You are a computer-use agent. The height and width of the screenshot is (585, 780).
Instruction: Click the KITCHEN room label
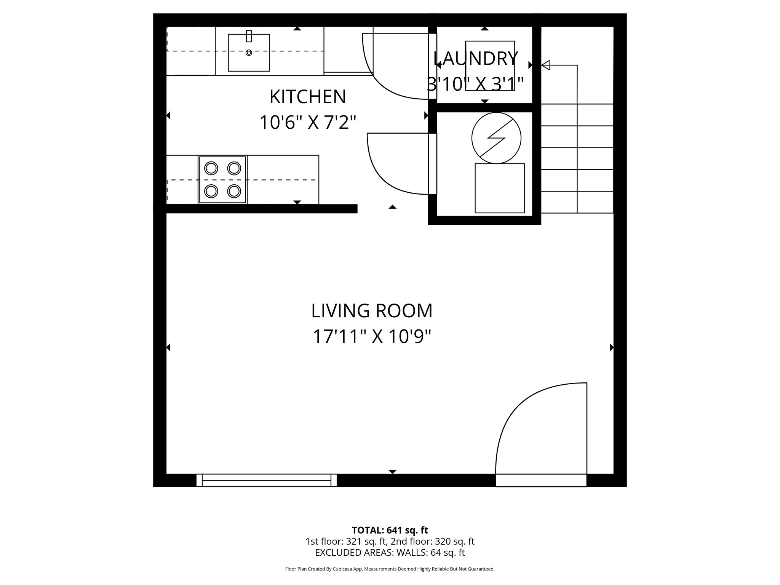click(x=308, y=97)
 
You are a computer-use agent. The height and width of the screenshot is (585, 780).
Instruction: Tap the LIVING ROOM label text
click(x=372, y=311)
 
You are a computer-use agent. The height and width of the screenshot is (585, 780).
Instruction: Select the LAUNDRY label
click(x=476, y=59)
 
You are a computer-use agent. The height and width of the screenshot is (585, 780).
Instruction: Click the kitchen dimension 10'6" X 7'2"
click(x=308, y=123)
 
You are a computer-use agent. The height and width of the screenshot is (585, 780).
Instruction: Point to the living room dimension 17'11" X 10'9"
click(x=372, y=337)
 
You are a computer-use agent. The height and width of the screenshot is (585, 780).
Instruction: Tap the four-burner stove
click(x=222, y=179)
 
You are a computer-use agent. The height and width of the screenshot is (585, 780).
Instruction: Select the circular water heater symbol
click(x=496, y=138)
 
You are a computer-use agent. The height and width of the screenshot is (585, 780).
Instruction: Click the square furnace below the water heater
click(x=499, y=188)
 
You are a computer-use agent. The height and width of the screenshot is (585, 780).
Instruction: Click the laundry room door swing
click(x=396, y=67)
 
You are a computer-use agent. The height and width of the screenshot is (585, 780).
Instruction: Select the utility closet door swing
click(x=398, y=164)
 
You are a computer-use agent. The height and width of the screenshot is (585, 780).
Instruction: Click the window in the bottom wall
click(x=266, y=480)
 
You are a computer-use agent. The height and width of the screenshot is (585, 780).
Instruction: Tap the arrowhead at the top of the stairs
click(x=545, y=65)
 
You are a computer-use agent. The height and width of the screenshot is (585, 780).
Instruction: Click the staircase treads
click(x=577, y=158)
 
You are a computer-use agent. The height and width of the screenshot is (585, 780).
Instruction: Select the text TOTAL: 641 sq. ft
click(x=390, y=530)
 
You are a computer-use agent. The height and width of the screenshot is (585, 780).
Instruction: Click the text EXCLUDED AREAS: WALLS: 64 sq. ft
click(x=390, y=553)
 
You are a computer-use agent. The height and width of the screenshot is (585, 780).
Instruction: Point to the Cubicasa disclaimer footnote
click(x=390, y=569)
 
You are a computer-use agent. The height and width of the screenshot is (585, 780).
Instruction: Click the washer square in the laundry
click(x=490, y=66)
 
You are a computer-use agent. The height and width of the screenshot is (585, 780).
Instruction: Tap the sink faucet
click(x=249, y=36)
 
